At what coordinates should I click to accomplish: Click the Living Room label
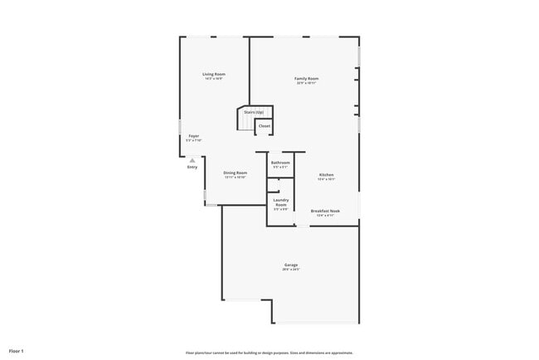point(214,74)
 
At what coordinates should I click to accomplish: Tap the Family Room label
point(307,79)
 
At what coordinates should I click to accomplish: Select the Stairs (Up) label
point(254,112)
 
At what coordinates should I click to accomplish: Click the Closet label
point(264,126)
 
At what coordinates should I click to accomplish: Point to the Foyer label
point(193,136)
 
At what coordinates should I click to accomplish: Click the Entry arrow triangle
point(192,160)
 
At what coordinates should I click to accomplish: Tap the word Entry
point(192,168)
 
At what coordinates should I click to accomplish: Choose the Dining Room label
point(235,173)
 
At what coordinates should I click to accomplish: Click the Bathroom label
point(280,163)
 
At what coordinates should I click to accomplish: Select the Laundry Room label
point(281,202)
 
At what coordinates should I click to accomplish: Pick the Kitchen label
point(327,174)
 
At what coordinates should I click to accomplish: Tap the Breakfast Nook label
point(325,212)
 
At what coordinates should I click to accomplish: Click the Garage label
point(290,265)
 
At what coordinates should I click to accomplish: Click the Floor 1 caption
point(17,352)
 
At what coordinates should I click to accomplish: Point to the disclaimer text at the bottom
point(269,353)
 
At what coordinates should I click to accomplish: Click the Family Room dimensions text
point(307,84)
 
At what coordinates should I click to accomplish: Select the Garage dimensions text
point(290,270)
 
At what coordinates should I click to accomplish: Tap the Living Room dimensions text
point(214,79)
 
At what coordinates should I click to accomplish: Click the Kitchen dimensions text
point(327,179)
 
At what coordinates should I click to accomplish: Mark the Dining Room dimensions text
point(235,178)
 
